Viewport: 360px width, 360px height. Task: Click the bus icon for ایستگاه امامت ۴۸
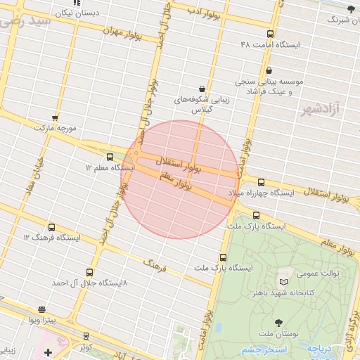coord(271,34)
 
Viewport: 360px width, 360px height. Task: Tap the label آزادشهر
coord(321,110)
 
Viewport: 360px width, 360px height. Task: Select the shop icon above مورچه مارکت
coord(55,118)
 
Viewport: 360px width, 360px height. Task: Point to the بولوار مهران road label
coord(123,32)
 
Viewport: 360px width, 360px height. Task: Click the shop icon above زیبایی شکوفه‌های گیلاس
coord(202,89)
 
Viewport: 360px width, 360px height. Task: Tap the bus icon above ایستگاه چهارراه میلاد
coord(262,182)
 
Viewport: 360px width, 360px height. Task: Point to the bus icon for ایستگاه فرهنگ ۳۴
coord(51,227)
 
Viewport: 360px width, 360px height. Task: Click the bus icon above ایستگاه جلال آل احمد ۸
coord(89,272)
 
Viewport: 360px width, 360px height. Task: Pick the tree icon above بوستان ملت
coord(280,322)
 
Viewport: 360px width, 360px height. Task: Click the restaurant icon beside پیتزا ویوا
coord(41,309)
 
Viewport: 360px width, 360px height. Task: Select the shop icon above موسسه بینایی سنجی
coord(271,70)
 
